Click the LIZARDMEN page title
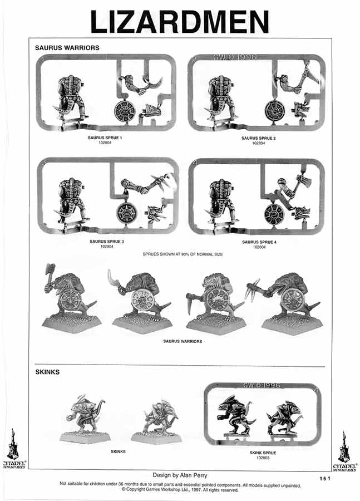coord(179,22)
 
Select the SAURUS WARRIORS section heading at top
coord(67,48)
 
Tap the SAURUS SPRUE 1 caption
coord(105,137)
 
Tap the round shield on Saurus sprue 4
coord(274,214)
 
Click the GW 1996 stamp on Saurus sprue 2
coord(234,57)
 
